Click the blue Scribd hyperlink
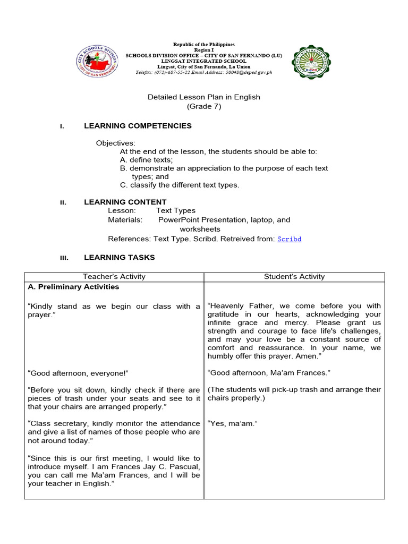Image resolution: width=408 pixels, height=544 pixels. coord(289,239)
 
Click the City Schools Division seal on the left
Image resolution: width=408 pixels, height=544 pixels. coord(97,59)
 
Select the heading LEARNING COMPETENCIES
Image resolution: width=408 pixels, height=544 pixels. coord(138,126)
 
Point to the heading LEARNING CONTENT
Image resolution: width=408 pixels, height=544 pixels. coord(125,202)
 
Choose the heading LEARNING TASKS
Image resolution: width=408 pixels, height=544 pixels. coord(119,257)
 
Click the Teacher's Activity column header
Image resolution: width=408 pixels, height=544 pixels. coord(114,276)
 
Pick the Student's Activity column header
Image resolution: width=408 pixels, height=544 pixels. coord(294,276)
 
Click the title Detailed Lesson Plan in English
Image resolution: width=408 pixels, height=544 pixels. coord(203,97)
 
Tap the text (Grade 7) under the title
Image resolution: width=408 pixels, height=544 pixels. coord(203,106)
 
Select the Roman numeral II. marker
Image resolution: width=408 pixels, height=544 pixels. coord(62,202)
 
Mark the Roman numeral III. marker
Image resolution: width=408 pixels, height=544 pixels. coord(63,258)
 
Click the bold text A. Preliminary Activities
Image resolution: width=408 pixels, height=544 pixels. coord(73,286)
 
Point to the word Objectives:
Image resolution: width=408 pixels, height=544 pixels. coord(115,143)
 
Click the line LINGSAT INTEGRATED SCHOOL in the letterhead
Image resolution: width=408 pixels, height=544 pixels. coord(203,61)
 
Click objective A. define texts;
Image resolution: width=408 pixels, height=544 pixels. coord(146,159)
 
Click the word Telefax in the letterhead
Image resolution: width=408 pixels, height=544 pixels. coord(143,72)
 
